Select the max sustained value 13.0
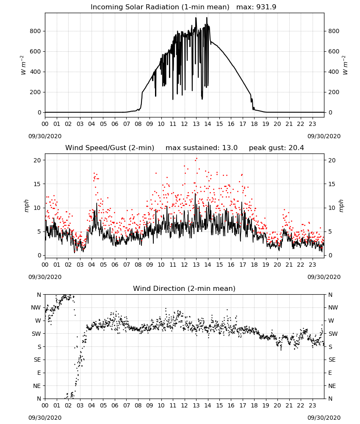[x=230, y=148]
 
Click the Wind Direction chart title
[x=184, y=288]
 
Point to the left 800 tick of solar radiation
[x=36, y=31]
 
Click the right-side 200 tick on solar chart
[x=334, y=92]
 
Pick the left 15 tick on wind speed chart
[x=37, y=184]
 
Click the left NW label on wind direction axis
[x=36, y=308]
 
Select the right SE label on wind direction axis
[x=332, y=360]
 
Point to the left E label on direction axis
[x=39, y=373]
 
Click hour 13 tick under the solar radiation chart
[x=196, y=124]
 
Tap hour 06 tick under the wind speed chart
[x=115, y=265]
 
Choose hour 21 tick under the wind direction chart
[x=289, y=405]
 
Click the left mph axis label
[x=26, y=206]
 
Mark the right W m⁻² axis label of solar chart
[x=345, y=65]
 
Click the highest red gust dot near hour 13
[x=197, y=159]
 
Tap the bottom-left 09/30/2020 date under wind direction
[x=45, y=418]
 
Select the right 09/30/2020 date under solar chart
[x=324, y=136]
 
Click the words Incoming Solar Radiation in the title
[x=135, y=7]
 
